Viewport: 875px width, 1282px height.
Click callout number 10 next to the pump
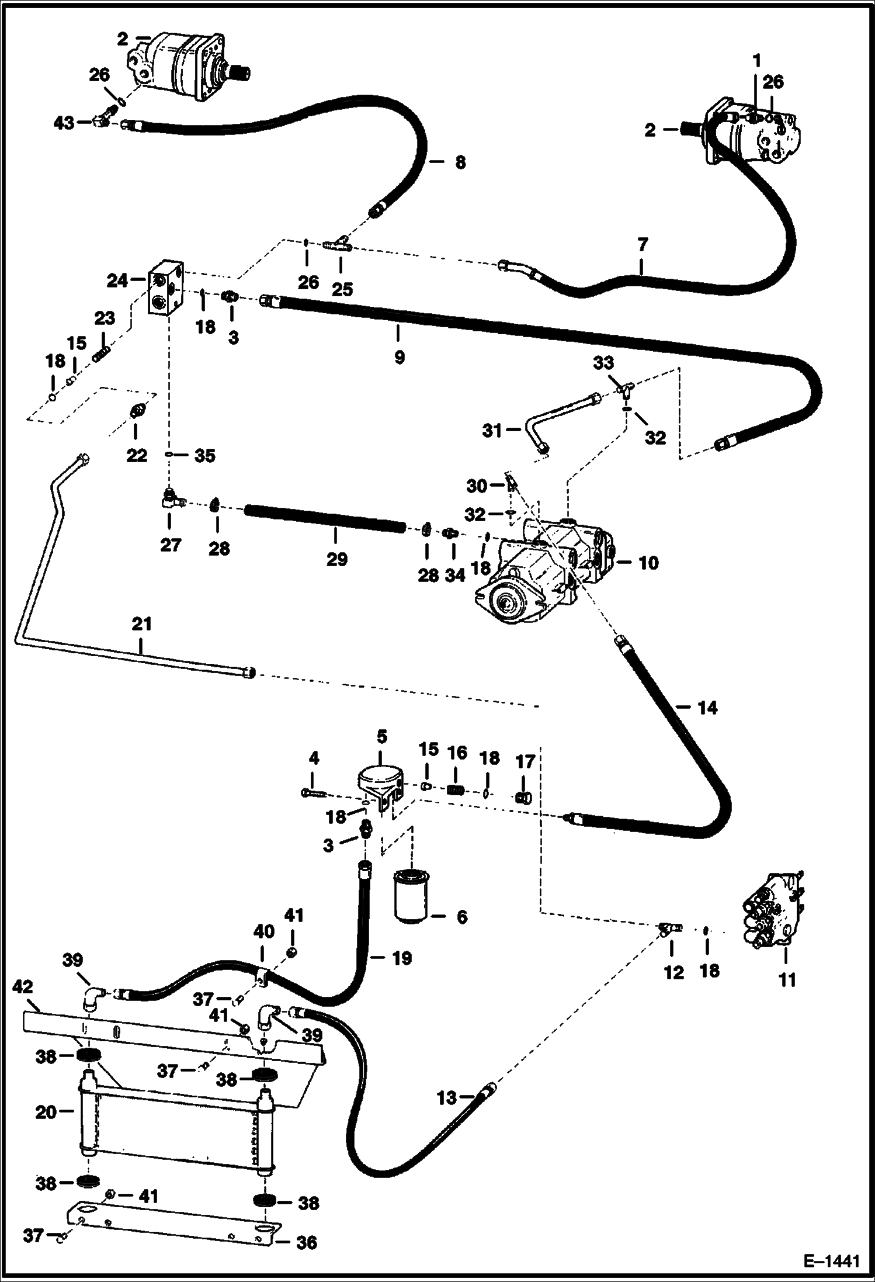coord(648,563)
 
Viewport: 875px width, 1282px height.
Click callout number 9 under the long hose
coord(399,357)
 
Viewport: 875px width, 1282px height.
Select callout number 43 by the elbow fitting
coord(64,123)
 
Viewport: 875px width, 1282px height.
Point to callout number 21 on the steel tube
coord(141,624)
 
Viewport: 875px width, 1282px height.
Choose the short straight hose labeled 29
coord(324,519)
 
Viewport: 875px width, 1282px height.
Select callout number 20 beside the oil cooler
coord(46,1112)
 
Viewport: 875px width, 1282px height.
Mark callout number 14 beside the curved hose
coord(707,708)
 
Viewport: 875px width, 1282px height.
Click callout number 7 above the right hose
coord(643,244)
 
